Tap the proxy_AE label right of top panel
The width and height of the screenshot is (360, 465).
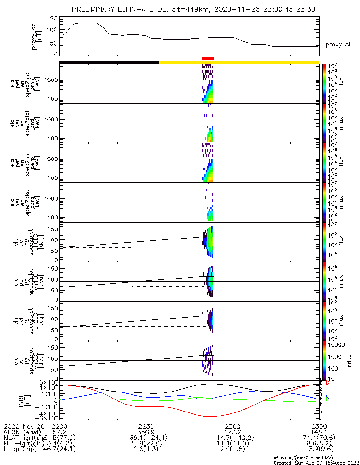pos(339,45)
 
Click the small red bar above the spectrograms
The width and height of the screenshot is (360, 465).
pos(208,58)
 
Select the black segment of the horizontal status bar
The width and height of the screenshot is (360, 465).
pos(109,62)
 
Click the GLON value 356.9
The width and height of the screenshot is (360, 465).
pos(146,432)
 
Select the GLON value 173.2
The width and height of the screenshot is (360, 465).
pos(232,432)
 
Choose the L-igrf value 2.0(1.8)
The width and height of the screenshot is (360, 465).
pos(232,451)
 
